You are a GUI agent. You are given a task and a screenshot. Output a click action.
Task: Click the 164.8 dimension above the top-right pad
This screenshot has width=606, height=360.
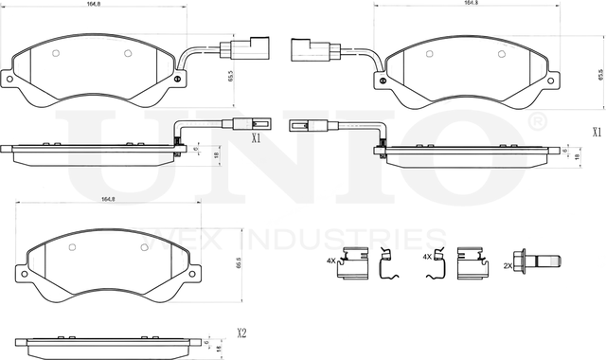click(471, 4)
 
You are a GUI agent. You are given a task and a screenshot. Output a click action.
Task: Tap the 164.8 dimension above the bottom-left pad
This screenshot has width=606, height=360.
click(107, 198)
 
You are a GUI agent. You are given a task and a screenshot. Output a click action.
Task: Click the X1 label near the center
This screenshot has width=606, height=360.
click(255, 138)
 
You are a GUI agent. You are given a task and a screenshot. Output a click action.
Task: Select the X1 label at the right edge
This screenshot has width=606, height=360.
click(597, 133)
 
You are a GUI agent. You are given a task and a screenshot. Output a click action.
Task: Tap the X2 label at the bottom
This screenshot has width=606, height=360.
click(241, 333)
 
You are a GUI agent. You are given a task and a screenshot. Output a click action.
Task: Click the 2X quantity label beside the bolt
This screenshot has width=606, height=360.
click(507, 267)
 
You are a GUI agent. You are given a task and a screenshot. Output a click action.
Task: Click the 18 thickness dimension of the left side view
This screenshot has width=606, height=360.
click(219, 155)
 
